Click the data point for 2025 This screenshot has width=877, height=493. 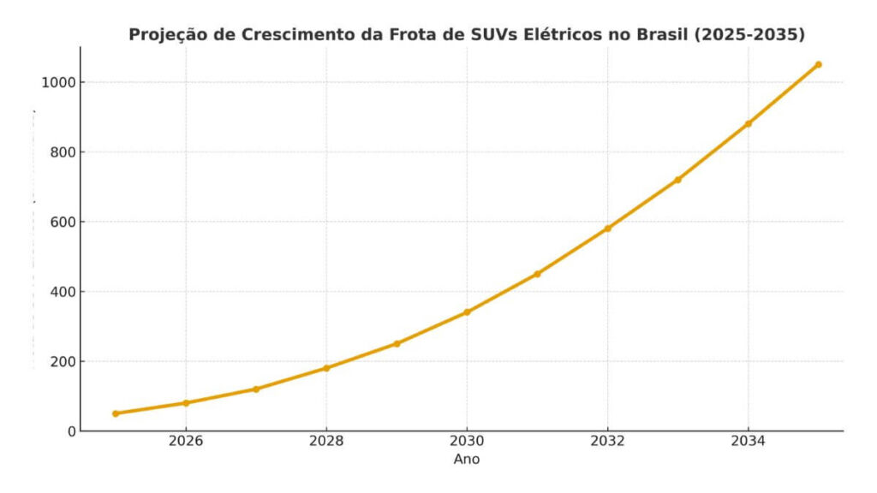[116, 413]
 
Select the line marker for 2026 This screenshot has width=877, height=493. [186, 403]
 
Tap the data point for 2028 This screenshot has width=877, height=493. [326, 368]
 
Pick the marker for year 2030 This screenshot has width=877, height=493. [467, 312]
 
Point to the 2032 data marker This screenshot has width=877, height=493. [607, 229]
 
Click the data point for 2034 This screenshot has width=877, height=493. [748, 123]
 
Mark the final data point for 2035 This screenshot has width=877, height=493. [818, 64]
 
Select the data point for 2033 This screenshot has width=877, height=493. [677, 180]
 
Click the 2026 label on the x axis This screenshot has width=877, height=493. [186, 443]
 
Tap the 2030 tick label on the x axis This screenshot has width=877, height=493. [467, 443]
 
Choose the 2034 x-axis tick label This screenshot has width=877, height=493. [748, 443]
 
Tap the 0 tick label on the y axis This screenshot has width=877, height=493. [72, 431]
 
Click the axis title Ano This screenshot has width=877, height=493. [467, 460]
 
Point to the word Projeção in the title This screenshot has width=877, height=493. [164, 36]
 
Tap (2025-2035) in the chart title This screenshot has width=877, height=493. [752, 35]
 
